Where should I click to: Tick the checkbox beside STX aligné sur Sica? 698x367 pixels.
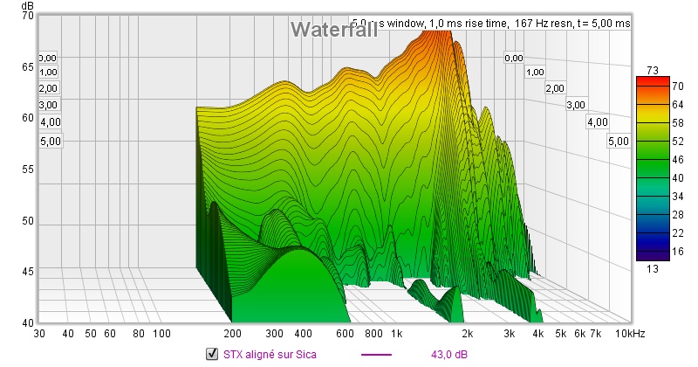pyautogui.click(x=210, y=354)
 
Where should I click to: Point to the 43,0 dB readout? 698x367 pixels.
pyautogui.click(x=448, y=354)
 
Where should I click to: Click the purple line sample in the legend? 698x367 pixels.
pyautogui.click(x=376, y=354)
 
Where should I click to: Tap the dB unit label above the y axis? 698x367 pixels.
pyautogui.click(x=17, y=6)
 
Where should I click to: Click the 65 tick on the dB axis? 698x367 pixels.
pyautogui.click(x=26, y=67)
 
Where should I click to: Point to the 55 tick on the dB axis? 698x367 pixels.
pyautogui.click(x=26, y=170)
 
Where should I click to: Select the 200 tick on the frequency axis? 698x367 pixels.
pyautogui.click(x=232, y=334)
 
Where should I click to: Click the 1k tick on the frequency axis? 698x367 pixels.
pyautogui.click(x=397, y=334)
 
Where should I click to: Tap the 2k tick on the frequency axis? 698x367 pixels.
pyautogui.click(x=468, y=334)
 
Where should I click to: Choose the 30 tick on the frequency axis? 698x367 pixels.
pyautogui.click(x=39, y=334)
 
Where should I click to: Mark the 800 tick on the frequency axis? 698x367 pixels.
pyautogui.click(x=374, y=334)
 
